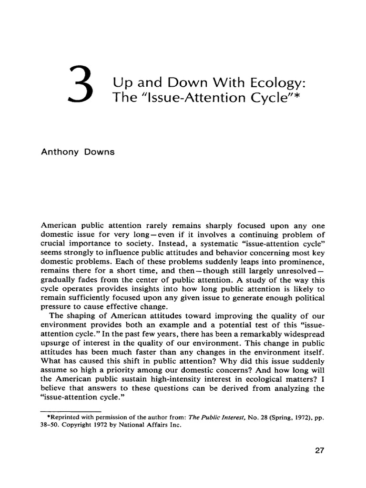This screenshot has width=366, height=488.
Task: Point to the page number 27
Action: tap(318, 451)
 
